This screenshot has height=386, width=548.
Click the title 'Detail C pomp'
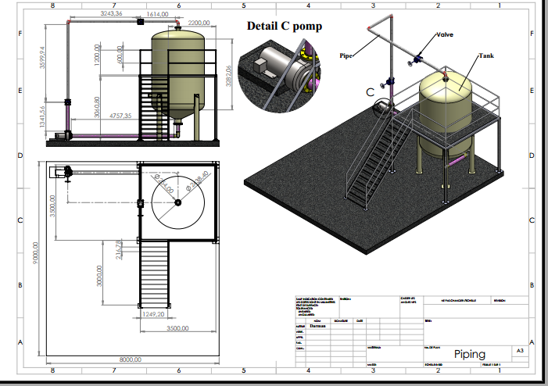[x=285, y=26]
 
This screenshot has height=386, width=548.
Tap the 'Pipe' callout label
[x=346, y=55]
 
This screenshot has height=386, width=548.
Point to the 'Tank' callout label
[x=486, y=55]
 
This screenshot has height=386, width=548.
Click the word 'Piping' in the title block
[x=469, y=354]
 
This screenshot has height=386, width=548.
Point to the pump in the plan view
[x=60, y=173]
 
